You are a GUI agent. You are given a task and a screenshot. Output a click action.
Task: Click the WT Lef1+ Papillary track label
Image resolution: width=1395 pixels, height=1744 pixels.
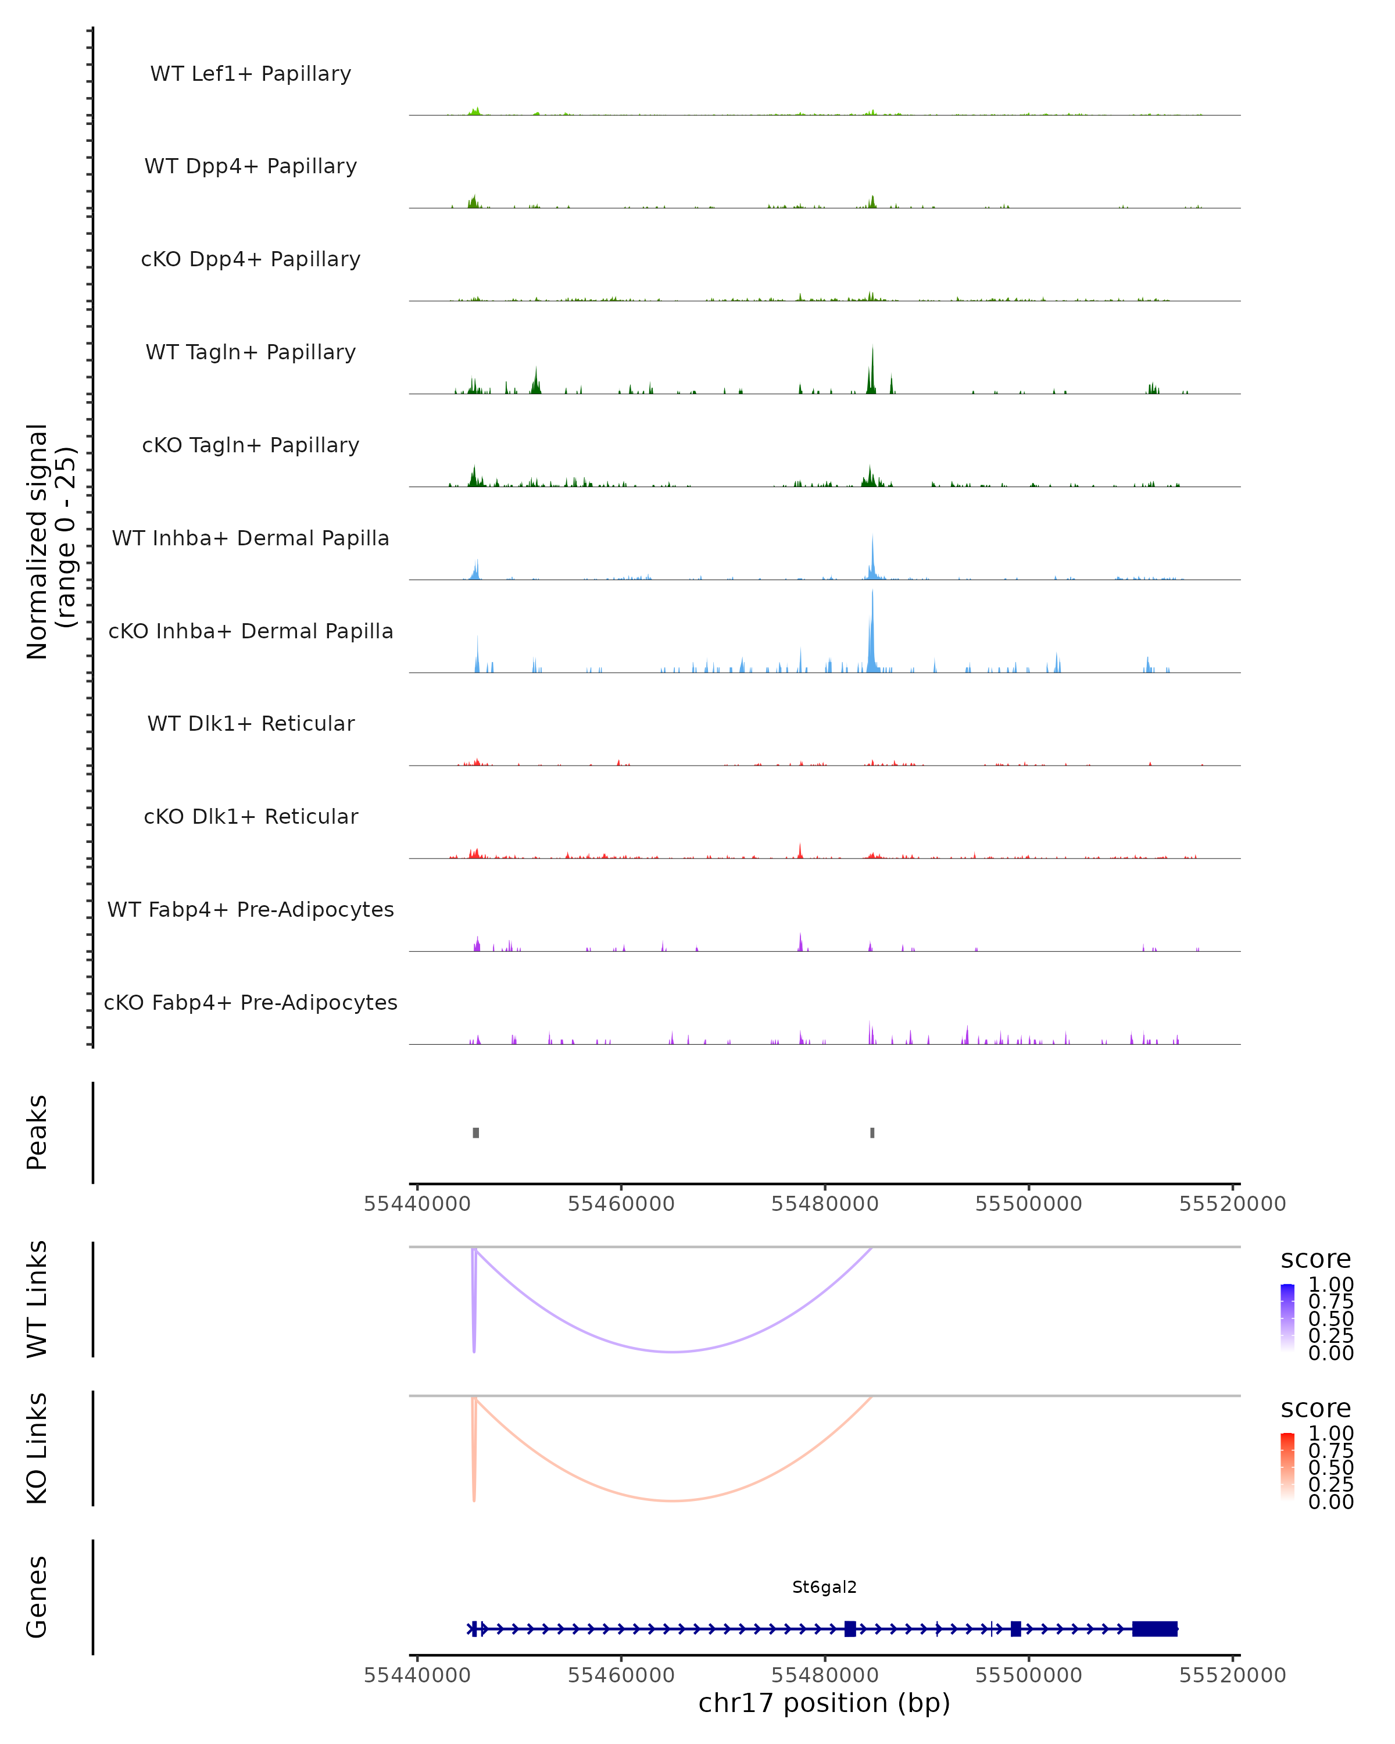tap(251, 74)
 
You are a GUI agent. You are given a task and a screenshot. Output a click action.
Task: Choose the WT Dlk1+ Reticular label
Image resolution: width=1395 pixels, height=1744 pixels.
tap(251, 723)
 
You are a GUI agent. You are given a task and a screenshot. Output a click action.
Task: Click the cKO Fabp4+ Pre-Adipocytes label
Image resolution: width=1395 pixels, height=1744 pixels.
tap(251, 1002)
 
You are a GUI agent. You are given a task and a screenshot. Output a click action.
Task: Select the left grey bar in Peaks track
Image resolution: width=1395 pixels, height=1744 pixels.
tap(475, 1132)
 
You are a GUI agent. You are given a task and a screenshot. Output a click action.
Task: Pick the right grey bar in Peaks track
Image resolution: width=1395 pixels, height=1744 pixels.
tap(872, 1132)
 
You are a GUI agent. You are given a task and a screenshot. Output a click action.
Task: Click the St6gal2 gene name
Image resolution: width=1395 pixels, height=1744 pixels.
tap(824, 1587)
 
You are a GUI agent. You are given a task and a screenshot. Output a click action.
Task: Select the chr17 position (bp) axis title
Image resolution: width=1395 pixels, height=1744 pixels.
tap(824, 1703)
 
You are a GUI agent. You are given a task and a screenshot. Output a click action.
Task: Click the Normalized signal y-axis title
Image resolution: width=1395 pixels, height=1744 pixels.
tap(50, 541)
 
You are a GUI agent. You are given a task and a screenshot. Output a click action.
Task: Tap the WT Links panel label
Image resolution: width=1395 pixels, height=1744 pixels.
tap(37, 1299)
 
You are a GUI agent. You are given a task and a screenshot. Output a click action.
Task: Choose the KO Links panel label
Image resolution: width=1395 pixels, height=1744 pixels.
tap(37, 1448)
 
